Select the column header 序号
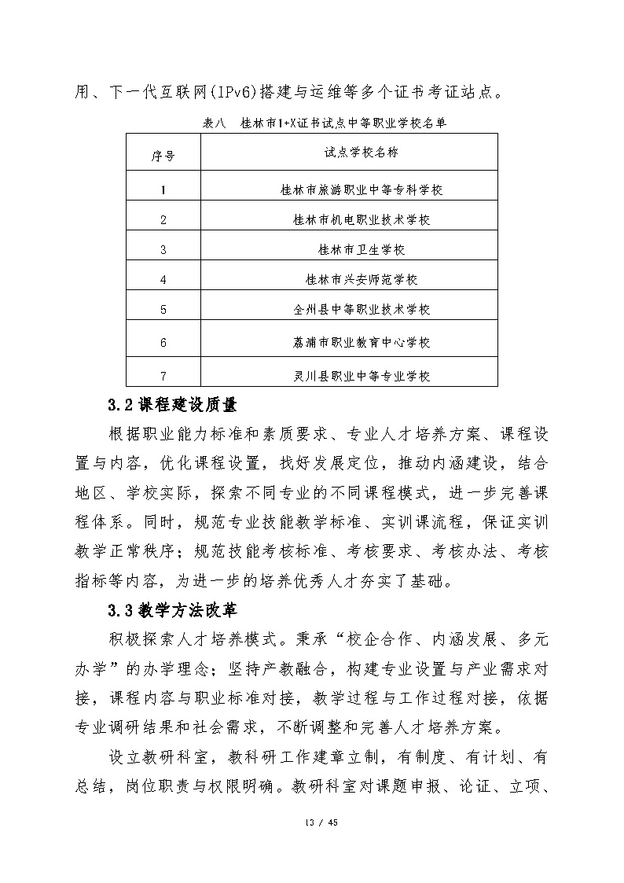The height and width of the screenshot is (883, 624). click(163, 156)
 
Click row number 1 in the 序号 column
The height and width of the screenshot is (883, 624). click(163, 190)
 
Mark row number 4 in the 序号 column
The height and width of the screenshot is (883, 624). click(163, 280)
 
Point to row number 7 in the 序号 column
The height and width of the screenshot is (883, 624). click(163, 377)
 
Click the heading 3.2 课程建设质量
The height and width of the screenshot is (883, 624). click(172, 406)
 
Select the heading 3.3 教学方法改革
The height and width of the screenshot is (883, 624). click(172, 609)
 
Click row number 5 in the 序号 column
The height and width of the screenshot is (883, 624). click(163, 310)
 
